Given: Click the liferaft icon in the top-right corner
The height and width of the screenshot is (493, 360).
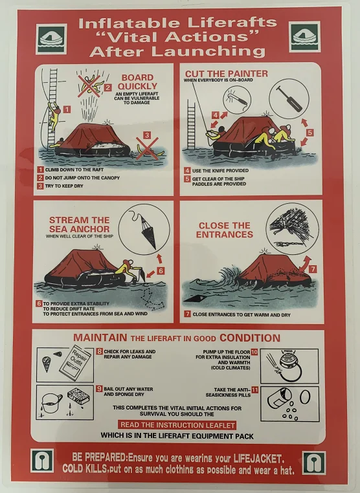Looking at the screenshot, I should [304, 36].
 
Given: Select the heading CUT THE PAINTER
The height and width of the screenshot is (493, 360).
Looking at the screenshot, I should [226, 74].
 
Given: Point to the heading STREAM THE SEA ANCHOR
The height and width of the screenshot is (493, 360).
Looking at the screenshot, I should [80, 225].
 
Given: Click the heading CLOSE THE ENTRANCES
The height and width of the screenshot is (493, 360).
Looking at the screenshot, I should [224, 230].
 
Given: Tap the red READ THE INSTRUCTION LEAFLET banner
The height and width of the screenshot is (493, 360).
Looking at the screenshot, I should [177, 424].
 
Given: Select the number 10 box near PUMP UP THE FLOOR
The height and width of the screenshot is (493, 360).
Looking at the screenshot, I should [254, 351].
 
